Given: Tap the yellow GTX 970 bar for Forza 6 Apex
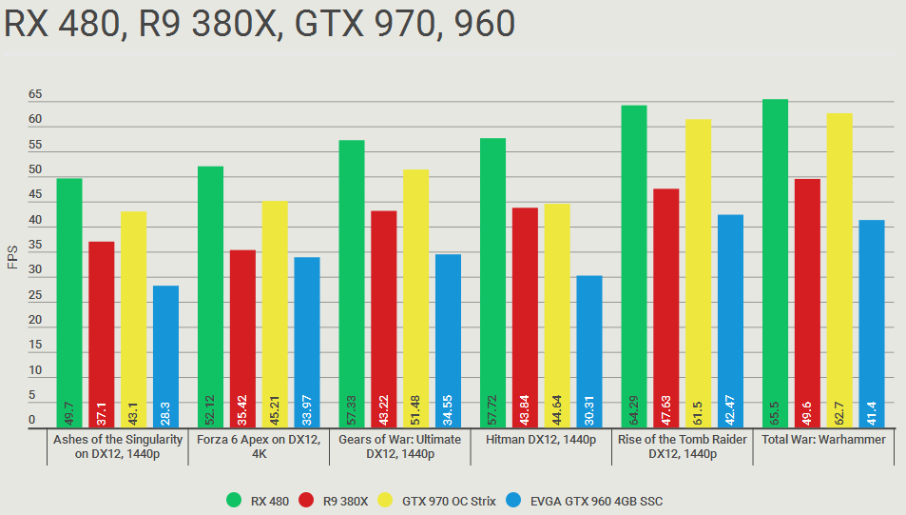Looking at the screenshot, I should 275,314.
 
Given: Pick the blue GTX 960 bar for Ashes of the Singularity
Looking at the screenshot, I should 165,356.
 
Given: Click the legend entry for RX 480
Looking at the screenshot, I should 258,501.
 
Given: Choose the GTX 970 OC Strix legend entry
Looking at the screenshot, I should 441,501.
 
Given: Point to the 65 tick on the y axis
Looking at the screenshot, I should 35,95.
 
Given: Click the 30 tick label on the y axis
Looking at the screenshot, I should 35,270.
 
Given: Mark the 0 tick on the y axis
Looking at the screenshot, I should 31,420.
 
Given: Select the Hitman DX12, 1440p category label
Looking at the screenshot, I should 541,440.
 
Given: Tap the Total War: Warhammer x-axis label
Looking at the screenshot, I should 823,440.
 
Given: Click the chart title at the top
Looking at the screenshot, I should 259,23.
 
